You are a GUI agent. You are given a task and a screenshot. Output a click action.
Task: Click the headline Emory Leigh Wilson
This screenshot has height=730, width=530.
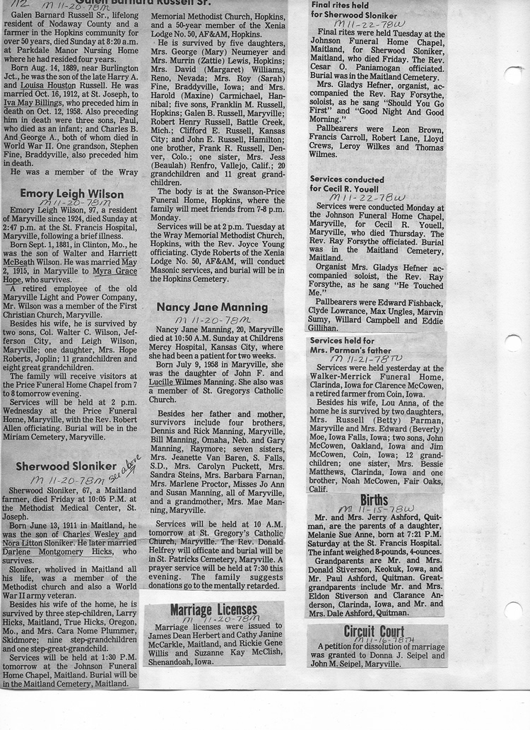pos(71,193)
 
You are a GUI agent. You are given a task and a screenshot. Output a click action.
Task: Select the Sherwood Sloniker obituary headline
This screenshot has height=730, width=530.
pos(66,466)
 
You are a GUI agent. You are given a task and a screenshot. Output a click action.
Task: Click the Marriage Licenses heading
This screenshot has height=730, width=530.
pos(213,610)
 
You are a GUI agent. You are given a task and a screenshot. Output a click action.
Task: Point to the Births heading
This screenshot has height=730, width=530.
pos(374,500)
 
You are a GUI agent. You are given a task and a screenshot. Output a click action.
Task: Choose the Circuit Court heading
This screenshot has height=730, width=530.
pos(374,631)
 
